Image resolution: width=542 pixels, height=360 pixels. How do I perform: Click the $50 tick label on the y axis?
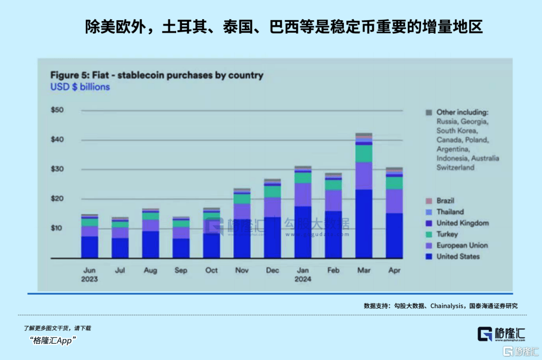pos(57,110)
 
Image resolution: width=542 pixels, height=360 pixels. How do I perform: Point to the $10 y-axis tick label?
pos(57,228)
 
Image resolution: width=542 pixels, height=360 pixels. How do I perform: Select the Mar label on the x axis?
pos(364,270)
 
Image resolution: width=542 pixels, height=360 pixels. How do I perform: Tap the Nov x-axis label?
pos(242,270)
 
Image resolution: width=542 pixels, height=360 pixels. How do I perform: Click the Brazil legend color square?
pos(428,201)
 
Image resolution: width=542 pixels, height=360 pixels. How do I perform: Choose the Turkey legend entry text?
pos(447,234)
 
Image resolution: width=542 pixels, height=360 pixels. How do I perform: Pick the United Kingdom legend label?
pos(462,223)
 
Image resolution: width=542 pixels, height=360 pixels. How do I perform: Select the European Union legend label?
pos(462,246)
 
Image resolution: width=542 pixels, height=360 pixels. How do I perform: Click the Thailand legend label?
pos(450,212)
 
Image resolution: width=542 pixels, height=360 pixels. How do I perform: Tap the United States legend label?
pos(458,257)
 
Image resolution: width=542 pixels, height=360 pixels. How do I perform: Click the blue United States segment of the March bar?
pos(364,223)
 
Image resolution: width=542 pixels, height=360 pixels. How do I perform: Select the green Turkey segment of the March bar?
pos(364,153)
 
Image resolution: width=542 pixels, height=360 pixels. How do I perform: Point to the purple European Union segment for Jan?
pos(303,194)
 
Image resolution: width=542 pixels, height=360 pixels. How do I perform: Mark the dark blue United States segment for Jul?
pos(120,248)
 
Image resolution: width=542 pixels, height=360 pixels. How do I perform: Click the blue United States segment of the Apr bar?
pos(394,235)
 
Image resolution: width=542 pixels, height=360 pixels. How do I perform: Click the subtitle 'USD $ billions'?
pos(80,87)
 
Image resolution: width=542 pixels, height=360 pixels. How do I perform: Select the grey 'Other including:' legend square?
pos(428,112)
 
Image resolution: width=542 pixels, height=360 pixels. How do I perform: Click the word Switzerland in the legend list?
pos(455,168)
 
